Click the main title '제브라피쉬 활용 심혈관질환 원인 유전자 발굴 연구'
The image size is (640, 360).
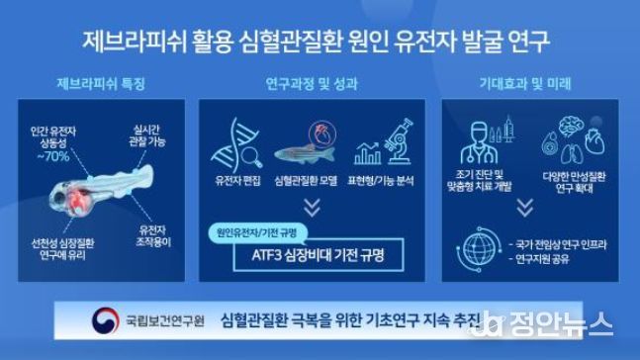(319, 42)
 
